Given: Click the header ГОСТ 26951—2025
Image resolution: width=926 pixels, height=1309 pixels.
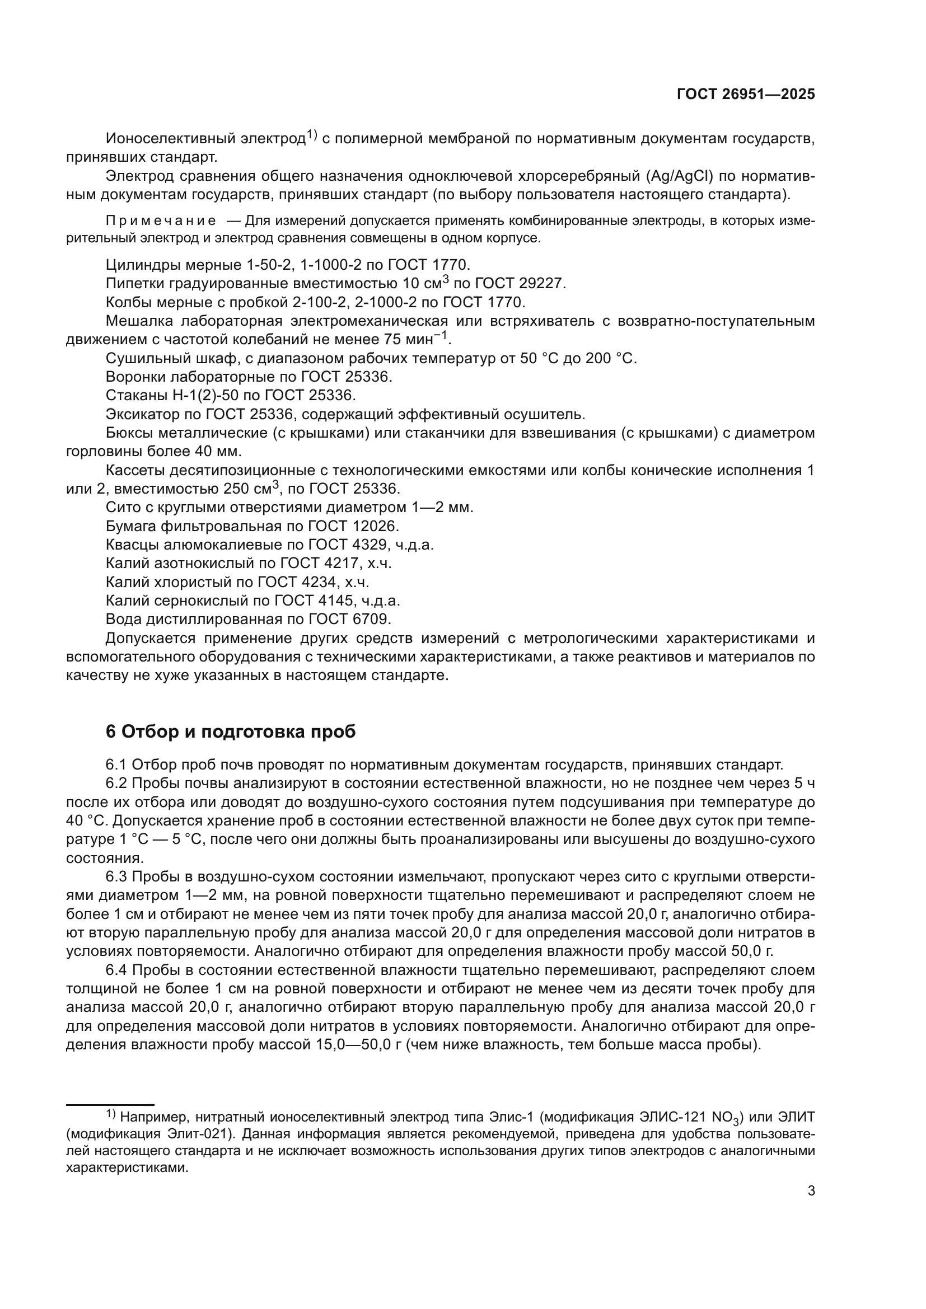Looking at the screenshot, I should click(x=745, y=95).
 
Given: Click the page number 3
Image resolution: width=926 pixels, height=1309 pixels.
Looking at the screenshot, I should click(x=811, y=1190).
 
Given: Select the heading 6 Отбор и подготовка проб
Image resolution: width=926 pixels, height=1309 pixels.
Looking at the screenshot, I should click(x=230, y=731).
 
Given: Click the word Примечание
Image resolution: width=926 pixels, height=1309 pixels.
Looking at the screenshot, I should click(x=161, y=221).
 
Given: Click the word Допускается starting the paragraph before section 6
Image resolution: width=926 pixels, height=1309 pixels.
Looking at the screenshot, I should click(x=151, y=638).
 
